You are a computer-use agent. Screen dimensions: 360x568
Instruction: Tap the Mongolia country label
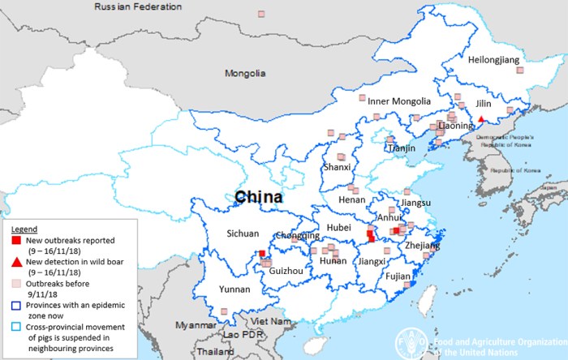point(245,74)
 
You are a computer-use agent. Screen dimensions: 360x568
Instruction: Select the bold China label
point(259,197)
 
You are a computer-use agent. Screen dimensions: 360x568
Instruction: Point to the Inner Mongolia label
point(399,101)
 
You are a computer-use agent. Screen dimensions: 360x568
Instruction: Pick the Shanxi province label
point(337,167)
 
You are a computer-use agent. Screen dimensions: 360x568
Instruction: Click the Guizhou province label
point(286,270)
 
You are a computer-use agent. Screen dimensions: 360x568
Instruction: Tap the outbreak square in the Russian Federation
point(261,14)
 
